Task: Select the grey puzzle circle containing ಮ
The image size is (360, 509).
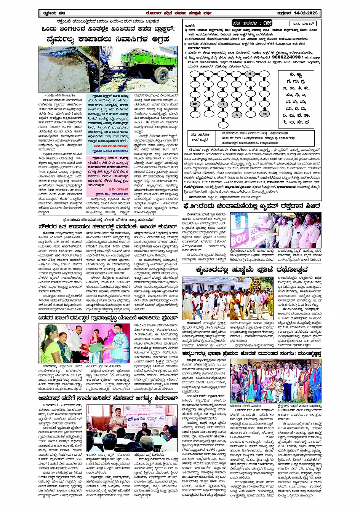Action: pyautogui.click(x=195, y=104)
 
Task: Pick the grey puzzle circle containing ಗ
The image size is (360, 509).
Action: pyautogui.click(x=223, y=104)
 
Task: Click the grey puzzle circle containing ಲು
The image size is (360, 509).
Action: pyautogui.click(x=264, y=114)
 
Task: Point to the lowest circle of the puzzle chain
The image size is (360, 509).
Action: pyautogui.click(x=223, y=124)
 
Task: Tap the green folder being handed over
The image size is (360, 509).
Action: pyautogui.click(x=96, y=348)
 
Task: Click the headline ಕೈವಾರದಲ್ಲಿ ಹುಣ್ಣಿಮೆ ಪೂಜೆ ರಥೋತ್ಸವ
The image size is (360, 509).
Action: pyautogui.click(x=239, y=270)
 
